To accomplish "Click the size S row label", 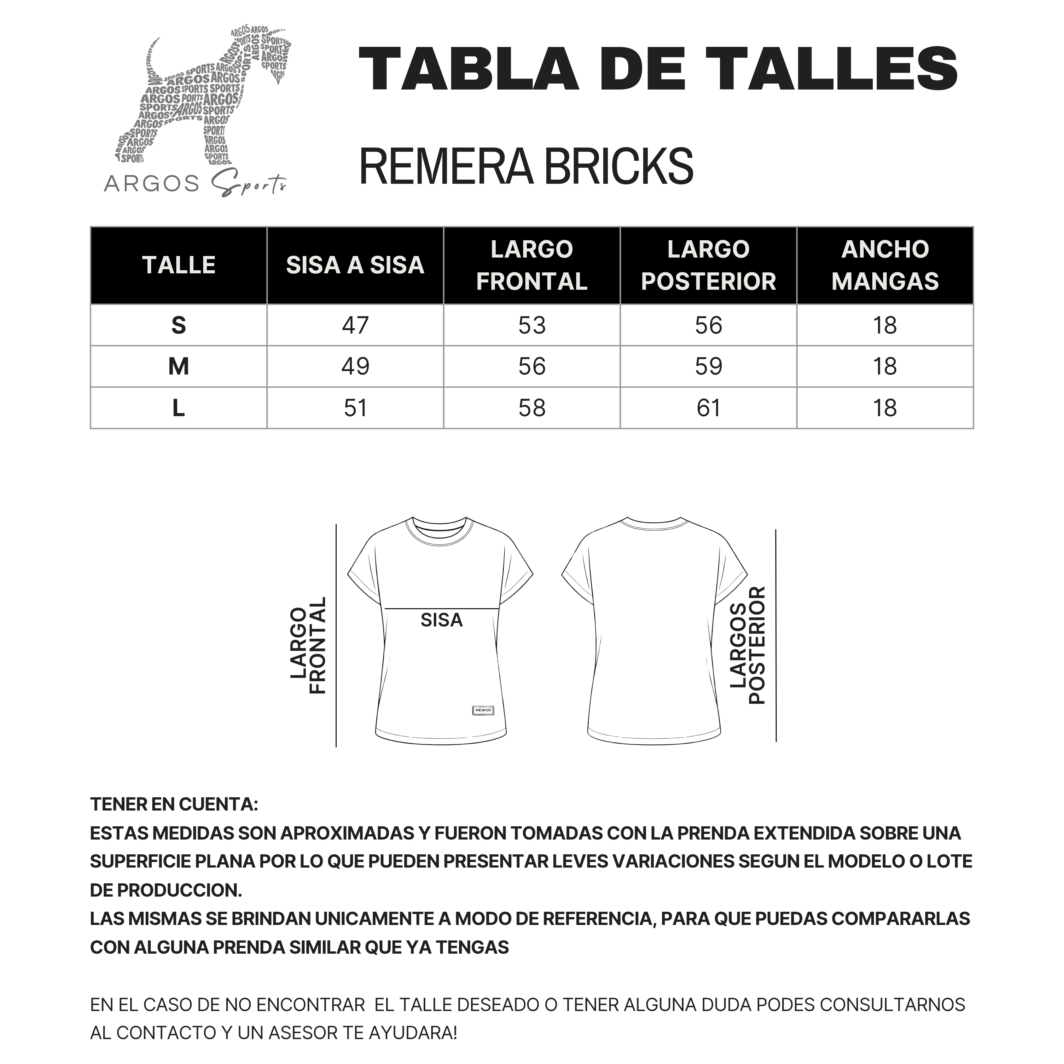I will click(x=178, y=325).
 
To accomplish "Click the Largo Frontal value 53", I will click(x=532, y=325).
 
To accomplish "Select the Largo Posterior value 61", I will click(x=708, y=408).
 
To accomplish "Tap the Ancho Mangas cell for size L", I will click(x=885, y=408).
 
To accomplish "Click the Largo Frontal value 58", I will click(x=532, y=408).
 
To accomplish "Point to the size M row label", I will click(x=178, y=367).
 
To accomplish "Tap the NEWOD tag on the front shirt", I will click(x=483, y=710).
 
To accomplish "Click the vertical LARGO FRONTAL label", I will click(x=308, y=645).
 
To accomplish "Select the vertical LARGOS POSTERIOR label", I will click(x=748, y=645).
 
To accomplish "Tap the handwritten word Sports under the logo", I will click(x=249, y=184).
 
